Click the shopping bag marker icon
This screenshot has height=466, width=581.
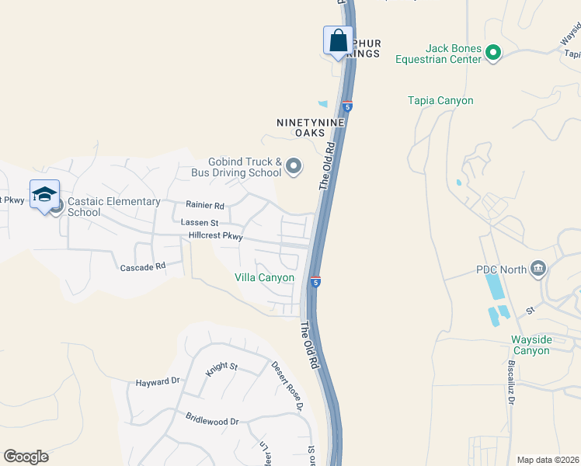click(339, 40)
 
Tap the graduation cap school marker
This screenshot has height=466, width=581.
click(44, 194)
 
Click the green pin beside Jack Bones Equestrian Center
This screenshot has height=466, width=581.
click(492, 53)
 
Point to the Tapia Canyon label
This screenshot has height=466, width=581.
click(440, 100)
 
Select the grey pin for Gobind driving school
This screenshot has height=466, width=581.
click(294, 166)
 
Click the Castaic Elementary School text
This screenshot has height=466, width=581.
click(113, 207)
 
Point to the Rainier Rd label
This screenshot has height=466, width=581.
click(204, 206)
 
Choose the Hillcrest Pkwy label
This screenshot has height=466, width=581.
click(210, 236)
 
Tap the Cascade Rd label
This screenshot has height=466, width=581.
click(143, 266)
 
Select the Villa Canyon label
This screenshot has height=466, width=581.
click(264, 277)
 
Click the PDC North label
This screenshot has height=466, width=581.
click(502, 270)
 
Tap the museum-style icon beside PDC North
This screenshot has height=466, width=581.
click(538, 270)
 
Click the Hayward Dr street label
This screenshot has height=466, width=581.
click(158, 381)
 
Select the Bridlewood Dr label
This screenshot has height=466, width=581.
click(212, 421)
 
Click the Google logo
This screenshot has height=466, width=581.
click(26, 457)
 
